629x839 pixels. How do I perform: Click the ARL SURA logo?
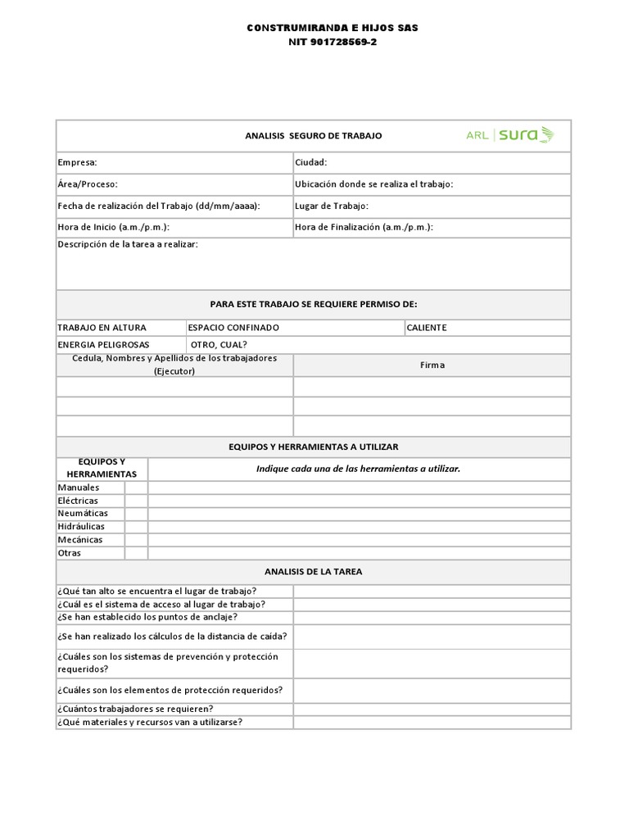point(509,135)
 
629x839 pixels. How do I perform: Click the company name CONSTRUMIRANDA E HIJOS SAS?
point(333,28)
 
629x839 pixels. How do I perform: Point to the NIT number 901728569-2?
point(333,42)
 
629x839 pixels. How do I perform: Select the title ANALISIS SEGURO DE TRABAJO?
point(313,136)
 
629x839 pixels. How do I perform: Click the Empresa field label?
point(77,163)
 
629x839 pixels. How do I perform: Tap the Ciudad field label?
point(311,163)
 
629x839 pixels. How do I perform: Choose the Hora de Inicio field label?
point(113,227)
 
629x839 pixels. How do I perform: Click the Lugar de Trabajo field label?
point(332,206)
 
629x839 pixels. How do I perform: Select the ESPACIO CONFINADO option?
point(233,328)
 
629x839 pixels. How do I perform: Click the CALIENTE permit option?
point(427,328)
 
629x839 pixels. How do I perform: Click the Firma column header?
point(432,365)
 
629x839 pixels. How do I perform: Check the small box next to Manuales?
point(136,488)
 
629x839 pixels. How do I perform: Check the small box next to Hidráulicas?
point(136,527)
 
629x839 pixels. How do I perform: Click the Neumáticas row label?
point(83,514)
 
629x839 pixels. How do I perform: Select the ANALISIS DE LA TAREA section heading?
point(313,571)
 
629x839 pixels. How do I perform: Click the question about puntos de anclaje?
point(147,617)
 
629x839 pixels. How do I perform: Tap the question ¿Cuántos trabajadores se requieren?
point(135,709)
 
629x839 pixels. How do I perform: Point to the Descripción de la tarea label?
point(127,245)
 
